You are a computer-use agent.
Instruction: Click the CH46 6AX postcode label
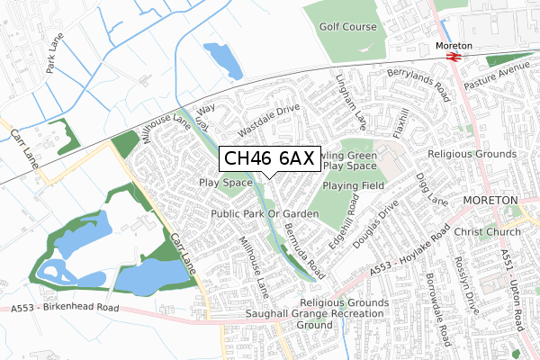pyautogui.click(x=267, y=158)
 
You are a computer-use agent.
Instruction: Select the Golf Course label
pyautogui.click(x=347, y=27)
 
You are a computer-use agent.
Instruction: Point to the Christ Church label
pyautogui.click(x=489, y=232)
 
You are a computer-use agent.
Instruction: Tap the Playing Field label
pyautogui.click(x=353, y=185)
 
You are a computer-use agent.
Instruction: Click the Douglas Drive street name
pyautogui.click(x=374, y=227)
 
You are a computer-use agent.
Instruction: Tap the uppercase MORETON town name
pyautogui.click(x=499, y=199)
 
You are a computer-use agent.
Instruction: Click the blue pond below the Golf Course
pyautogui.click(x=221, y=60)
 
